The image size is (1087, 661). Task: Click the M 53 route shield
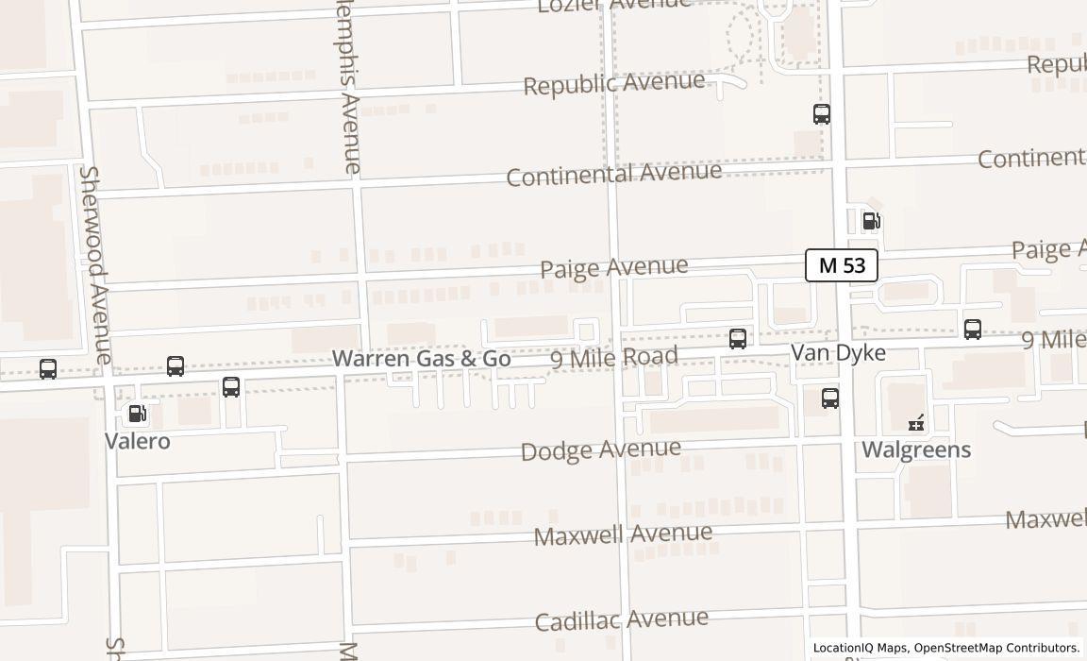click(x=842, y=265)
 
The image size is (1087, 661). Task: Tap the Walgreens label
click(x=915, y=449)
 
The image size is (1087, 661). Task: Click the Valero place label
click(x=138, y=441)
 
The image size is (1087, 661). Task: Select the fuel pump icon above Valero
click(x=137, y=414)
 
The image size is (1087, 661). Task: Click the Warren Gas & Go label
click(x=421, y=359)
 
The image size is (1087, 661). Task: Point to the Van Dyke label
click(x=825, y=352)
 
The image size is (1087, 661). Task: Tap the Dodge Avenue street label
click(x=601, y=449)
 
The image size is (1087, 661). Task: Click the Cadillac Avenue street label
click(x=621, y=620)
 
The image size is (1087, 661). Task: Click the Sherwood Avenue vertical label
click(x=95, y=264)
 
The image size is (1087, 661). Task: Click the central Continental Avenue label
click(x=614, y=175)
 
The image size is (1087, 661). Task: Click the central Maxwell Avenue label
click(x=623, y=534)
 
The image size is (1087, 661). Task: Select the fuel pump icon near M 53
click(x=871, y=221)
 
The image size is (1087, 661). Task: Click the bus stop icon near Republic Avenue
click(x=822, y=114)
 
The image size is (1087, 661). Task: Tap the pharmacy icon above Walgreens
click(x=914, y=423)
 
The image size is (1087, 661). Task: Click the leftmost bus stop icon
click(x=48, y=369)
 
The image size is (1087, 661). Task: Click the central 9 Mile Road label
click(x=613, y=357)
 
